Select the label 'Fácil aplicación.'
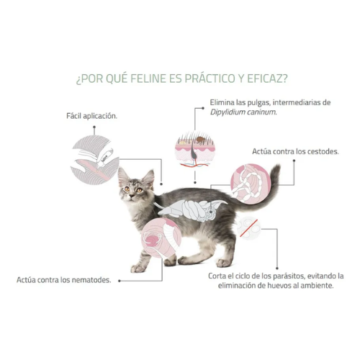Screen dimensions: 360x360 (x=90, y=115)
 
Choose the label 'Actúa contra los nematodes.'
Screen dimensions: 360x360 (x=64, y=280)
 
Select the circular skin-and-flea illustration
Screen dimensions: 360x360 (x=196, y=148)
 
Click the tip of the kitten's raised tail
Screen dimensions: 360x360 (x=276, y=169)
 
